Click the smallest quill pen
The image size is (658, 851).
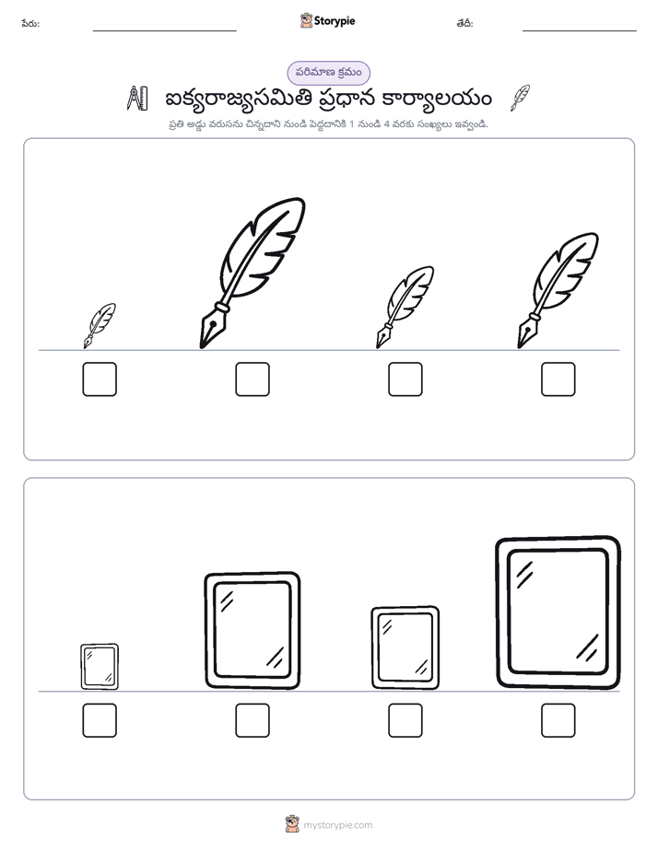[99, 327]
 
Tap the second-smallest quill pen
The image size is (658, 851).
[404, 308]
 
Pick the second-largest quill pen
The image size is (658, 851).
[557, 291]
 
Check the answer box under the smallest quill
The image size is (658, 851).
[100, 379]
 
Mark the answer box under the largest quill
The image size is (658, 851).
[253, 379]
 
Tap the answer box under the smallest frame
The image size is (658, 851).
[100, 720]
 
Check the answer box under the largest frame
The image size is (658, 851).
[558, 720]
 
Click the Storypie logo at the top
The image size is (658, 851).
[327, 20]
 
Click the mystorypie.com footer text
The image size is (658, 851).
[337, 825]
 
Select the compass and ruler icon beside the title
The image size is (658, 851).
[137, 99]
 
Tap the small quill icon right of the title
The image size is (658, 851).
[520, 98]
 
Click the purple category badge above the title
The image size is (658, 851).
[328, 73]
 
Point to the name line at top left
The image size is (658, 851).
[164, 30]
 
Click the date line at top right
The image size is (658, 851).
[580, 30]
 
